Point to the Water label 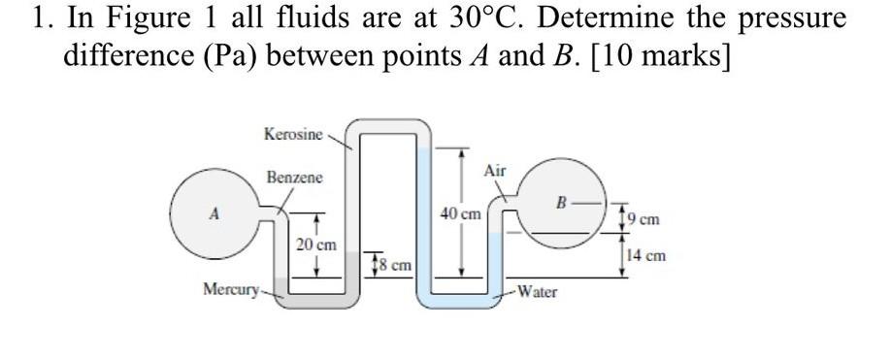537,290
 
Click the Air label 494,171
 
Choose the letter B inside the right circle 560,203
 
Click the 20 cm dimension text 316,245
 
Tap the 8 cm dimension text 395,264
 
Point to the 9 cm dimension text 646,220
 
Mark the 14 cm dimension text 646,256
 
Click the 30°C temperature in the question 445,19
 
